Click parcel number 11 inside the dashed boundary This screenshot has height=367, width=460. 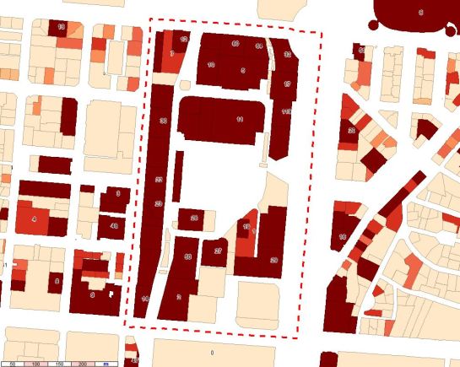240,120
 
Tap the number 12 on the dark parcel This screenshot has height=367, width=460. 183,39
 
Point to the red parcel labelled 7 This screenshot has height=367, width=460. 172,54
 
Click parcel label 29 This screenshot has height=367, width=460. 273,261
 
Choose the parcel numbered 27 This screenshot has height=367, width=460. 218,251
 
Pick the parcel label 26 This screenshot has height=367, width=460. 194,219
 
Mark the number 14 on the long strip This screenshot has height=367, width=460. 145,300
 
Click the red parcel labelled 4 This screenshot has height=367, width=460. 34,219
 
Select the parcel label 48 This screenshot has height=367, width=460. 114,226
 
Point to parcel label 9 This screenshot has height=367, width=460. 91,295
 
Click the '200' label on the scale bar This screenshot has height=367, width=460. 82,363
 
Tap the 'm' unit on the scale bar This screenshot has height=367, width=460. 106,363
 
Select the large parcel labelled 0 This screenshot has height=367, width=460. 212,351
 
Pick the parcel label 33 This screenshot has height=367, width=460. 288,54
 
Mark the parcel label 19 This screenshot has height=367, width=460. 246,227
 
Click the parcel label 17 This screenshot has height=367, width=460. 287,84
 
